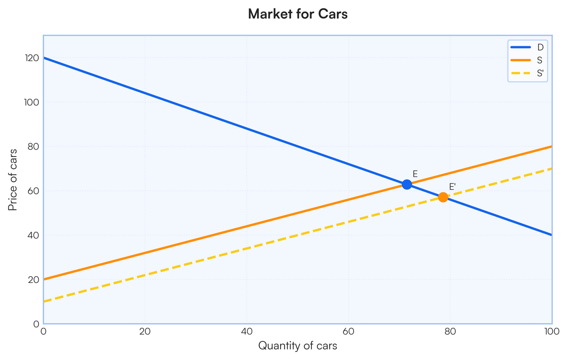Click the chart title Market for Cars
pyautogui.click(x=298, y=14)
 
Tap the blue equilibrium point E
pyautogui.click(x=407, y=184)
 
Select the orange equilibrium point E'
pyautogui.click(x=443, y=197)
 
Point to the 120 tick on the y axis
pyautogui.click(x=32, y=58)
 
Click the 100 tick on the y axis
pyautogui.click(x=32, y=102)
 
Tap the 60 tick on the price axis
pyautogui.click(x=34, y=191)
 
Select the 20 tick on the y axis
pyautogui.click(x=34, y=280)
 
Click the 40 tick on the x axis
pyautogui.click(x=247, y=331)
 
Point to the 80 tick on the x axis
pyautogui.click(x=450, y=331)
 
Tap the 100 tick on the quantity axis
pyautogui.click(x=551, y=331)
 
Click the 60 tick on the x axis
pyautogui.click(x=348, y=331)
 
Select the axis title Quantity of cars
pyautogui.click(x=298, y=346)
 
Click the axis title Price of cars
pyautogui.click(x=13, y=180)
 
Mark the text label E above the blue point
pyautogui.click(x=415, y=174)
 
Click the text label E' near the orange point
pyautogui.click(x=452, y=187)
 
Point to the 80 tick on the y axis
pyautogui.click(x=34, y=147)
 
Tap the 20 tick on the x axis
pyautogui.click(x=145, y=331)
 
